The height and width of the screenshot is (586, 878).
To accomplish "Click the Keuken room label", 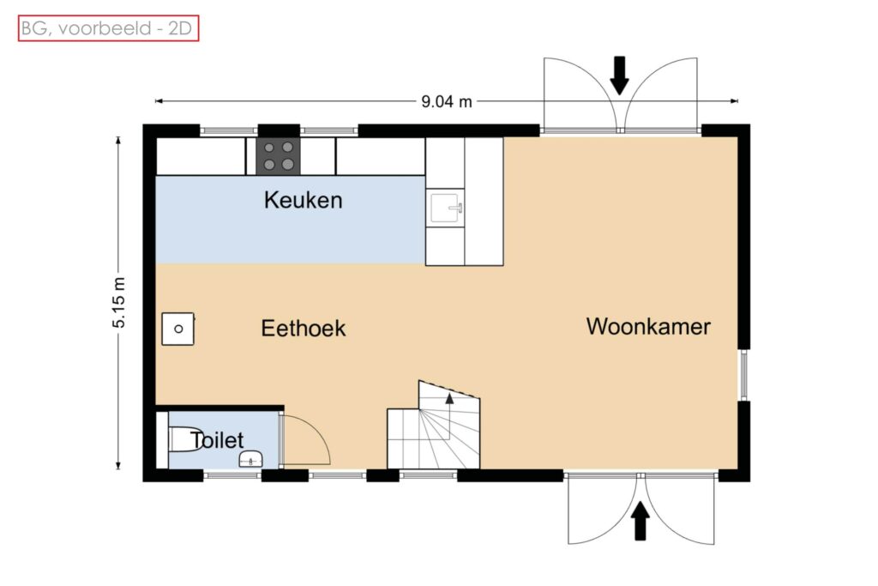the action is (303, 200).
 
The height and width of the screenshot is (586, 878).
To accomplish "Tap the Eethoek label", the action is (304, 329).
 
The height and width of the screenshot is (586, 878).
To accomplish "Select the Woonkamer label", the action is (648, 327).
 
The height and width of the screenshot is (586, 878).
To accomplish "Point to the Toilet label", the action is (217, 440).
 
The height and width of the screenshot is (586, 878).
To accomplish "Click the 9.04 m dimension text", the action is (447, 101).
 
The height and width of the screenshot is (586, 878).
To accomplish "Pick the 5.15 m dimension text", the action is (119, 303).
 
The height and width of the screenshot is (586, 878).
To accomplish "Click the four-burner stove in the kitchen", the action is (279, 156).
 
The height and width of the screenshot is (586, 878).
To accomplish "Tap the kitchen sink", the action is (447, 208).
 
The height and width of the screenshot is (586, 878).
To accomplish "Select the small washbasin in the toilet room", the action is (251, 458).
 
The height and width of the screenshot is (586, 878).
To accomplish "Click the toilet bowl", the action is (180, 440).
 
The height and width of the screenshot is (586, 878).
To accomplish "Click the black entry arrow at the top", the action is (619, 76).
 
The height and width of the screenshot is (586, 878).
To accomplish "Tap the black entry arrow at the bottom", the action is (640, 521).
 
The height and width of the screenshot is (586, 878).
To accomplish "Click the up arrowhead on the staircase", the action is (449, 398).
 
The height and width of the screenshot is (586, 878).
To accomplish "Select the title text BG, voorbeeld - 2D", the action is (107, 28).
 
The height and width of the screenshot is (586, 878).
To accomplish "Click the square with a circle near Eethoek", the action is (178, 329).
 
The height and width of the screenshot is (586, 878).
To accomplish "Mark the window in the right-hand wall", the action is (743, 375).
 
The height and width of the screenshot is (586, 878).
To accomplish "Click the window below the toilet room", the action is (232, 475).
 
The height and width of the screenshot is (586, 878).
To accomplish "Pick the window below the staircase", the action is (429, 475).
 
